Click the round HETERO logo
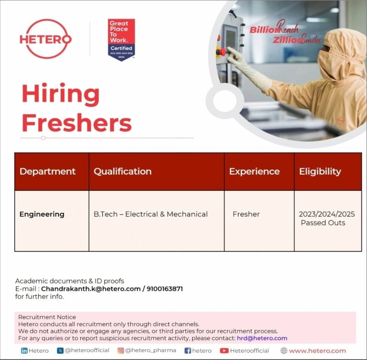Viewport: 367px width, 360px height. (x=45, y=39)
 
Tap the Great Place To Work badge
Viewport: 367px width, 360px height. (x=122, y=40)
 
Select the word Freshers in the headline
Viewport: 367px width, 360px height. (x=77, y=122)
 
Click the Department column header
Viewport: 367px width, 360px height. (x=47, y=172)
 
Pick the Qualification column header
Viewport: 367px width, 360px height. (x=122, y=172)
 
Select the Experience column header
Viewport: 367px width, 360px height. (x=254, y=172)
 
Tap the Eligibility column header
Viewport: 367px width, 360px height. (x=320, y=172)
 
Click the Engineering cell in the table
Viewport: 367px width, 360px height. (x=42, y=214)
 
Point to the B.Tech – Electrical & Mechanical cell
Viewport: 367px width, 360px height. (x=150, y=214)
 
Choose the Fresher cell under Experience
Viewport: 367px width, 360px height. (x=246, y=214)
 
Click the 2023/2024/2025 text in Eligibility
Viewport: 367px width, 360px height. (x=327, y=214)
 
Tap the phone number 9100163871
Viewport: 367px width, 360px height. (x=165, y=289)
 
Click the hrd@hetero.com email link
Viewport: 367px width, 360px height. (x=262, y=338)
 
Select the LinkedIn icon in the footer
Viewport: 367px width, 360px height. (x=24, y=351)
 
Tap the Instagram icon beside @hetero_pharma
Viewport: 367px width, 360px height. (x=121, y=351)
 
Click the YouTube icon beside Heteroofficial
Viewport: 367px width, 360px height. (x=224, y=351)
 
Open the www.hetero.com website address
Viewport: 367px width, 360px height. (x=317, y=351)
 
